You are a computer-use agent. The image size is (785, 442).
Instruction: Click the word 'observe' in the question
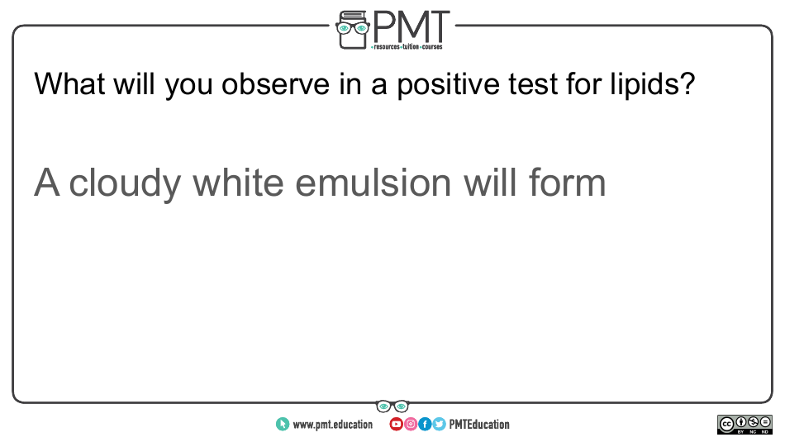click(275, 83)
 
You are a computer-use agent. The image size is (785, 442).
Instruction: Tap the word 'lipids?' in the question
click(652, 84)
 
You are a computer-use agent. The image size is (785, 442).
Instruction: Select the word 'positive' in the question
click(448, 85)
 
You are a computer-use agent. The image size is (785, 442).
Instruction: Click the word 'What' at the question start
click(69, 83)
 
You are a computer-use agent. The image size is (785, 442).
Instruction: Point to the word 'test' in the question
click(533, 84)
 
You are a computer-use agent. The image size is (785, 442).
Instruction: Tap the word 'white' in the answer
click(238, 183)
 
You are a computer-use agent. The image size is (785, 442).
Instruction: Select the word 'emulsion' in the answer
click(373, 183)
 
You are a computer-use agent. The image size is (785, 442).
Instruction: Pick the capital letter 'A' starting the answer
click(46, 183)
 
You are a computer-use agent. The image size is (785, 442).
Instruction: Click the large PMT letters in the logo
click(411, 26)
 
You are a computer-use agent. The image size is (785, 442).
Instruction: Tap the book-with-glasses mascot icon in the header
click(353, 30)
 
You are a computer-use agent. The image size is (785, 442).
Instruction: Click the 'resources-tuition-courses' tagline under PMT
click(407, 47)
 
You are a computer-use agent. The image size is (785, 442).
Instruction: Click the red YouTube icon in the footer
click(396, 425)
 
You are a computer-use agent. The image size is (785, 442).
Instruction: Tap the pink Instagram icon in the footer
click(411, 425)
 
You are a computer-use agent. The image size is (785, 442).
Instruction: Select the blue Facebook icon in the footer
click(425, 425)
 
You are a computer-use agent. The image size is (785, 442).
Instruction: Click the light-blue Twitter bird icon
click(439, 425)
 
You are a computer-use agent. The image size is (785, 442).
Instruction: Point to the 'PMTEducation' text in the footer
click(479, 425)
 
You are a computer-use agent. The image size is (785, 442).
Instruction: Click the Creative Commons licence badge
click(745, 425)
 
